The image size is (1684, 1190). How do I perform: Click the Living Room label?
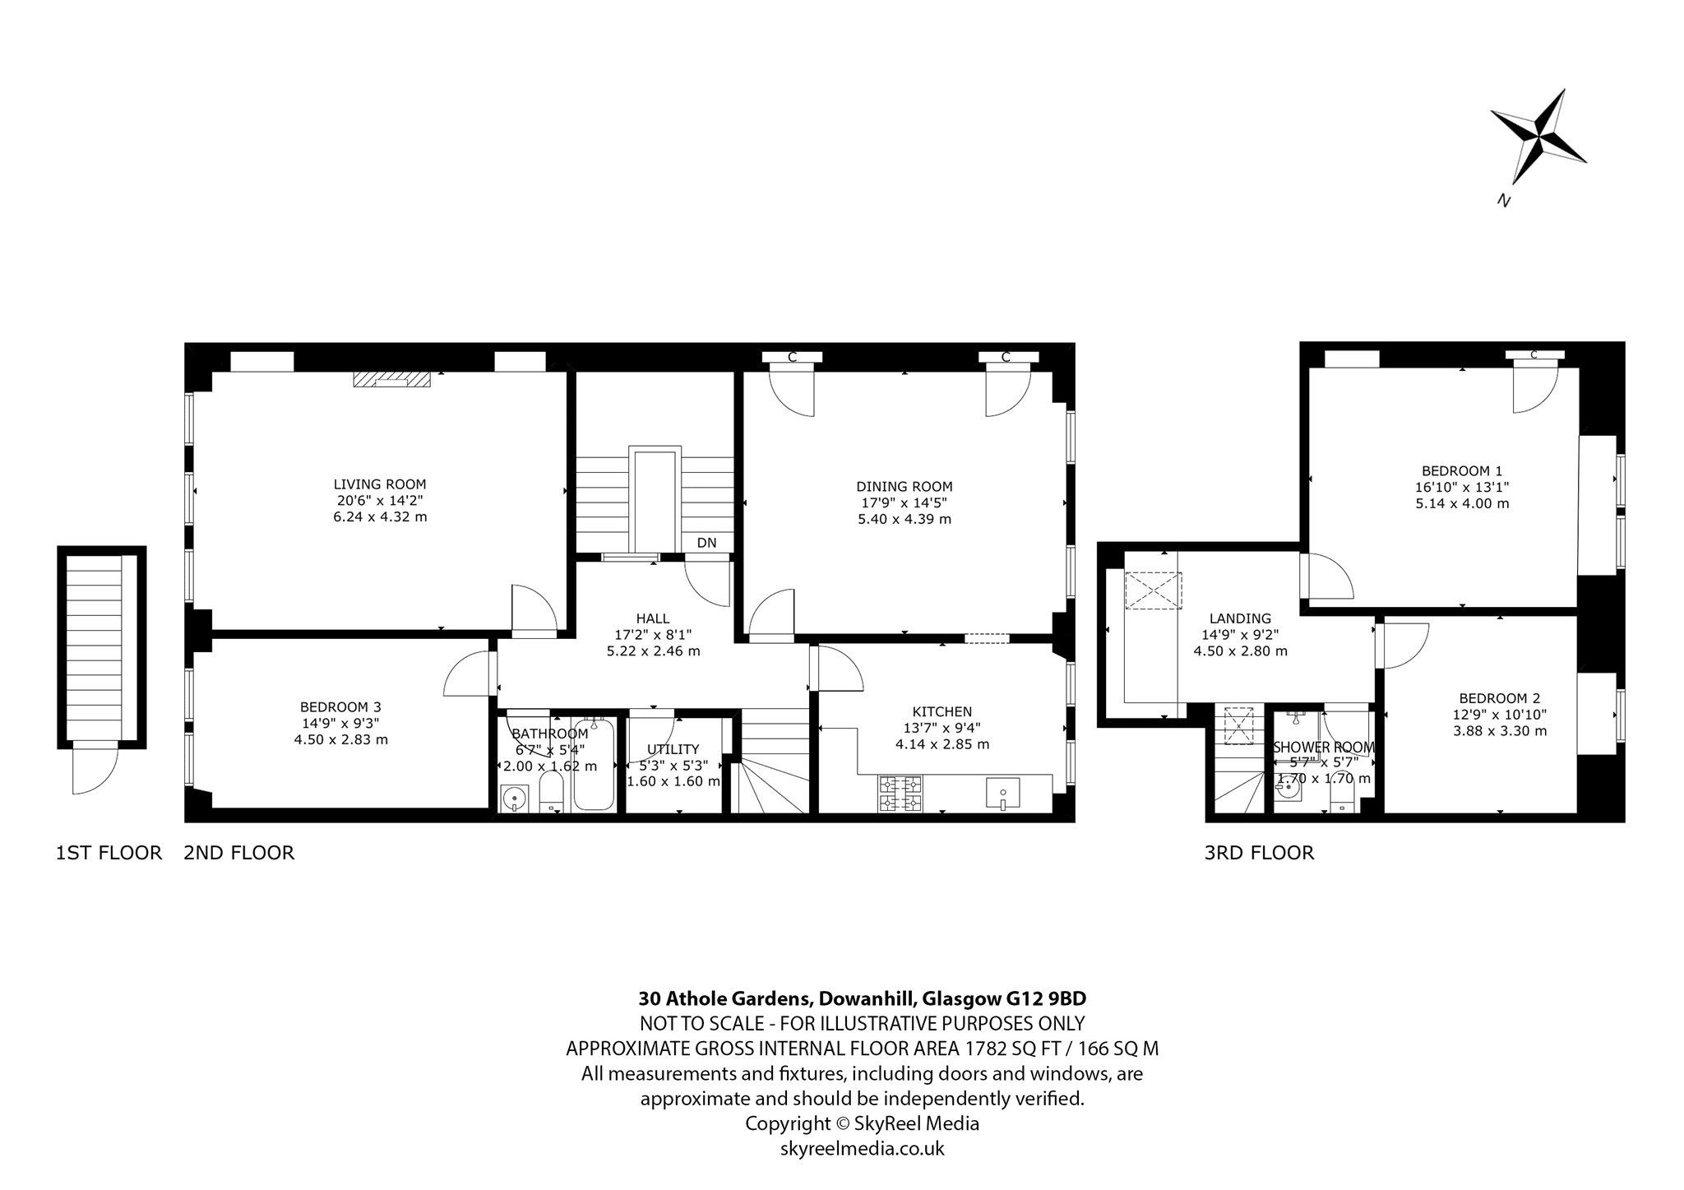pos(380,484)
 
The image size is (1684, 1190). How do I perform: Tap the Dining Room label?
pos(904,487)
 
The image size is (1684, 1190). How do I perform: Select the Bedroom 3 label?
pos(340,706)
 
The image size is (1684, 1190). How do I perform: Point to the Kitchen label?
pos(942,711)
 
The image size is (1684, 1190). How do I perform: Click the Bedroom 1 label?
pos(1462,471)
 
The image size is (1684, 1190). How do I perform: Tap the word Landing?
pos(1240,618)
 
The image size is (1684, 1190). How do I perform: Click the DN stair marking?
pos(706,543)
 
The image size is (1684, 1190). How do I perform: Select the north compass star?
pos(1538,148)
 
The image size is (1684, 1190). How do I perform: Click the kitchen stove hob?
pos(900,794)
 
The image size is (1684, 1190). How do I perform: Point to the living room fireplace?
pos(392,378)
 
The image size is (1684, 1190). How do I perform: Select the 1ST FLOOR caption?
pos(109,853)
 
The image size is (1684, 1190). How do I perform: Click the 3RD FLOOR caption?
pos(1259,853)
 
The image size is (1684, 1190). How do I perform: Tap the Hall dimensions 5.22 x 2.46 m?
pos(653,651)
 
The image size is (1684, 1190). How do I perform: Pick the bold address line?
pos(863,998)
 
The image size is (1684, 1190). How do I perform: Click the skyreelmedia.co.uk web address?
pos(863,1148)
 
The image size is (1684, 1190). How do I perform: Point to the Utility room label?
pos(673,749)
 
